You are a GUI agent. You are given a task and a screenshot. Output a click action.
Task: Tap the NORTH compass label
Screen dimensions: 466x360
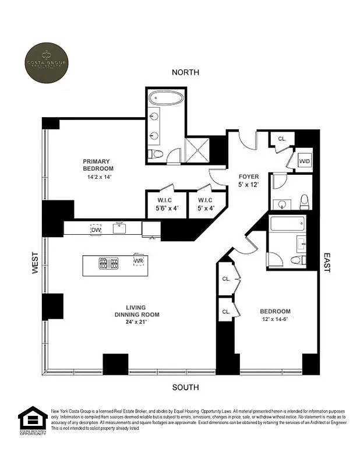[x=185, y=72]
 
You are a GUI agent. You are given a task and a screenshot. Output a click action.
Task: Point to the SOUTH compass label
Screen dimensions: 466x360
[x=185, y=387]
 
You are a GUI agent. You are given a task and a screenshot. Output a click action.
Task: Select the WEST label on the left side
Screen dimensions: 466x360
[x=35, y=264]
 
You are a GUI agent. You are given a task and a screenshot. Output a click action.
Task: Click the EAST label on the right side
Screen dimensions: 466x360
[x=327, y=263]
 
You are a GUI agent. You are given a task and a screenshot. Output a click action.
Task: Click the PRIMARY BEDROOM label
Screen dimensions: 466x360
[x=97, y=165]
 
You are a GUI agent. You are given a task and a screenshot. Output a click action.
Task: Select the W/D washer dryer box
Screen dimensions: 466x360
[x=304, y=161]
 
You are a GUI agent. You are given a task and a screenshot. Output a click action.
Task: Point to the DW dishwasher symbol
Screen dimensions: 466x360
[x=96, y=230]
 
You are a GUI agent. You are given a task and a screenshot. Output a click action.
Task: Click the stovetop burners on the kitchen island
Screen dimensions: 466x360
[x=109, y=263]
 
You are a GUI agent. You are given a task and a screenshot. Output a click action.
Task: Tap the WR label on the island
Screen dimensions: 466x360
[x=138, y=261]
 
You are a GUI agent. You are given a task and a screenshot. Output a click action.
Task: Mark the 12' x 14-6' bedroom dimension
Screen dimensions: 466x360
[x=276, y=319]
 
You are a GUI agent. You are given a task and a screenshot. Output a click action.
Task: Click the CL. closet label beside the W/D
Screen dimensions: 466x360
[x=282, y=139]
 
